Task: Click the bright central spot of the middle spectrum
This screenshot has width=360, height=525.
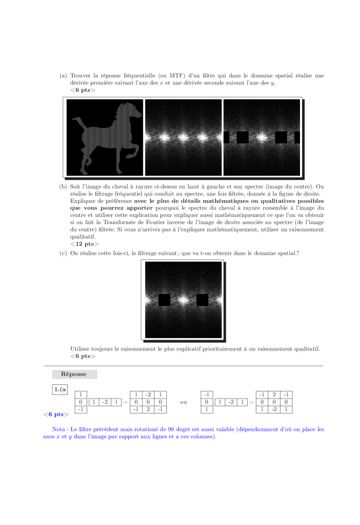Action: point(183,136)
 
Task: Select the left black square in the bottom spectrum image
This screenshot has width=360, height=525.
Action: point(164,300)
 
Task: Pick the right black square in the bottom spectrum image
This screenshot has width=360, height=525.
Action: point(202,300)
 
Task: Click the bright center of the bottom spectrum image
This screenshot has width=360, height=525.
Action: point(183,300)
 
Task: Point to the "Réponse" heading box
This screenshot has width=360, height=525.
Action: point(74,375)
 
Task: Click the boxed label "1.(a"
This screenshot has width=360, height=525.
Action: point(60,389)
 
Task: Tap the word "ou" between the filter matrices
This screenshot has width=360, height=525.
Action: point(183,402)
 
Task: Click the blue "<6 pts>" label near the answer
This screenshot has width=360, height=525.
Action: point(56,414)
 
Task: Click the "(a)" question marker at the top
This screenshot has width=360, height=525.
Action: point(63,76)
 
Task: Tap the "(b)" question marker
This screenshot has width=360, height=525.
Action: point(63,186)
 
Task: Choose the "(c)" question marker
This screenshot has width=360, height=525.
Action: point(63,254)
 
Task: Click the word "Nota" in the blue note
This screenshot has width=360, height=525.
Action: point(59,429)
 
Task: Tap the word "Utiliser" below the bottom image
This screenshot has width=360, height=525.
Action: point(81,348)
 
